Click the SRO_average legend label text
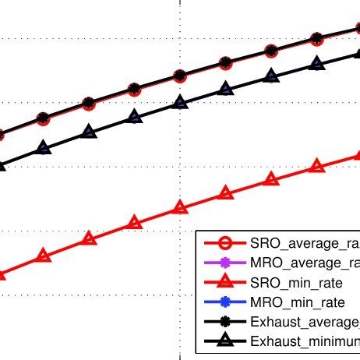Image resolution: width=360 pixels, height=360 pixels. (x=305, y=242)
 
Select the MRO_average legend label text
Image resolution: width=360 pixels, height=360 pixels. (x=305, y=263)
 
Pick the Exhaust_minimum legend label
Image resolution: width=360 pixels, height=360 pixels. (x=305, y=341)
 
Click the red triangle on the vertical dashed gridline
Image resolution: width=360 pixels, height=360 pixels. (x=180, y=207)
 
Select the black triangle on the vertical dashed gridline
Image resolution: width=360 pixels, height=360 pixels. (x=180, y=102)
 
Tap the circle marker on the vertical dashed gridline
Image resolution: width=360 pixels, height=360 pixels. (x=180, y=76)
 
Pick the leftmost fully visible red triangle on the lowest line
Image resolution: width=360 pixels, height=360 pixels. (x=43, y=256)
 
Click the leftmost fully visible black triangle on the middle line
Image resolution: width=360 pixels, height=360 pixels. (x=43, y=148)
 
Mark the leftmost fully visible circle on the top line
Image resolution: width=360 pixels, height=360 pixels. (x=43, y=118)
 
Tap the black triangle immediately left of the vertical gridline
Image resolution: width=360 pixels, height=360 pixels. (x=134, y=117)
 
